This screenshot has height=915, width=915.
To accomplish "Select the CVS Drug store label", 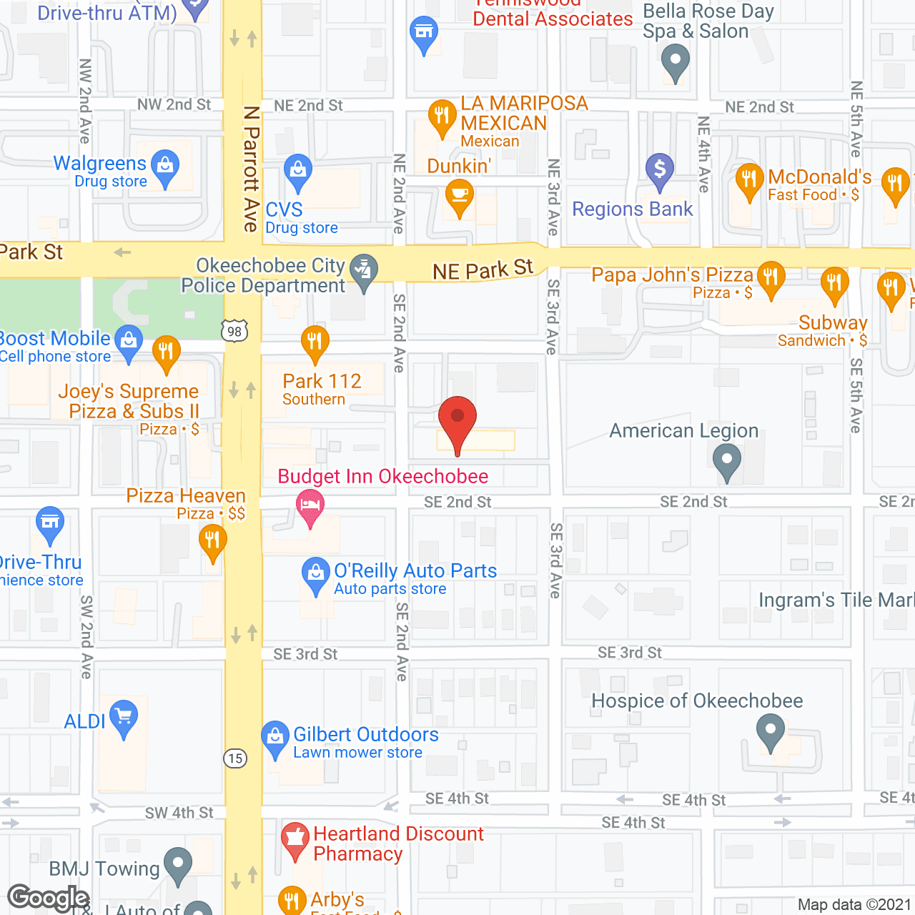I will pyautogui.click(x=301, y=218).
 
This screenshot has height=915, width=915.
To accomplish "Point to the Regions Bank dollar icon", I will pyautogui.click(x=660, y=170).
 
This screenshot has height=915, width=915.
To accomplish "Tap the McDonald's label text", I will pyautogui.click(x=819, y=177).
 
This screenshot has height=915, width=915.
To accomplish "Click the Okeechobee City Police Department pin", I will pyautogui.click(x=365, y=271).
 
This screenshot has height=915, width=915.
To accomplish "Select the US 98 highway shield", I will pyautogui.click(x=235, y=331).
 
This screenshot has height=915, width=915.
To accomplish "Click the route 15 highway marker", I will pyautogui.click(x=235, y=758).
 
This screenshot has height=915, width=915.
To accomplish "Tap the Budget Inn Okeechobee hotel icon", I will pyautogui.click(x=310, y=505).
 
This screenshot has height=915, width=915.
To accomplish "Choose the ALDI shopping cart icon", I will pyautogui.click(x=124, y=716).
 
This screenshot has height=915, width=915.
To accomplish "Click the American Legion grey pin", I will pyautogui.click(x=727, y=459).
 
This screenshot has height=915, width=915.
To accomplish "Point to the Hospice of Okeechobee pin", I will pyautogui.click(x=771, y=733).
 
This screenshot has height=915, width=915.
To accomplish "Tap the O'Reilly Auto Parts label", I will pyautogui.click(x=415, y=578).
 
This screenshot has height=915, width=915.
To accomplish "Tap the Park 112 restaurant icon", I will pyautogui.click(x=315, y=341).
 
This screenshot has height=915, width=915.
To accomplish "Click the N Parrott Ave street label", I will pyautogui.click(x=251, y=169).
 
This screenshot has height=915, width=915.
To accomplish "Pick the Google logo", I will pyautogui.click(x=48, y=898).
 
